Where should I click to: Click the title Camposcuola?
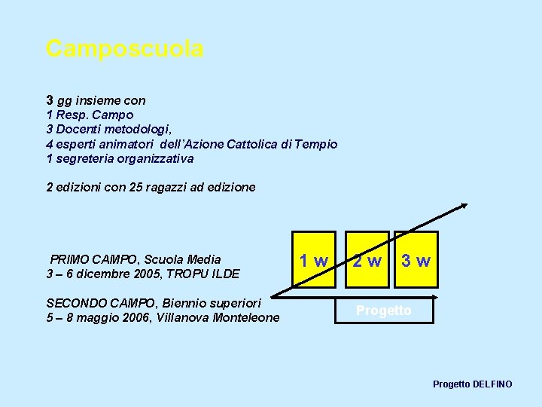pyautogui.click(x=124, y=49)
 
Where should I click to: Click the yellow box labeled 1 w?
pyautogui.click(x=313, y=261)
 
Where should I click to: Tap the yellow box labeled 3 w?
pyautogui.click(x=416, y=261)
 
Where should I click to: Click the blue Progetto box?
pyautogui.click(x=384, y=311)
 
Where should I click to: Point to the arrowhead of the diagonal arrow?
pyautogui.click(x=464, y=204)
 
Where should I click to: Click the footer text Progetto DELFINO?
pyautogui.click(x=472, y=384)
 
